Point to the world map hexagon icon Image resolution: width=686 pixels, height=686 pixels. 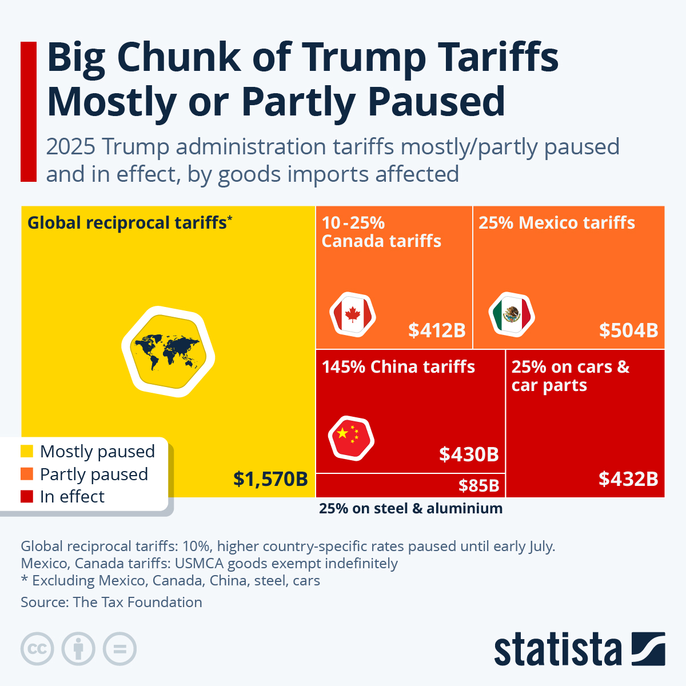click(168, 351)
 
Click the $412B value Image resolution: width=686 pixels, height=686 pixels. click(437, 330)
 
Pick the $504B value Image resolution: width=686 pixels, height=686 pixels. click(628, 330)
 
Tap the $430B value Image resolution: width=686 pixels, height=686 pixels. click(469, 454)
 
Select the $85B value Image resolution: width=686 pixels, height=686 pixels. click(478, 486)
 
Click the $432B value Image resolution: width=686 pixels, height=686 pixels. click(628, 478)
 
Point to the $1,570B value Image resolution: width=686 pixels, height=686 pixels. click(270, 478)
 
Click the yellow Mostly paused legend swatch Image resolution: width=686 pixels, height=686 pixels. click(27, 452)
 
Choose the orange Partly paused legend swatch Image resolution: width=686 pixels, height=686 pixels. click(27, 474)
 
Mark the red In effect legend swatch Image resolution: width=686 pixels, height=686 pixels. click(27, 496)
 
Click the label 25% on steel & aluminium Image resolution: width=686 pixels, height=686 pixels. click(410, 508)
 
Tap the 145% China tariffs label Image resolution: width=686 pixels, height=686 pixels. click(398, 366)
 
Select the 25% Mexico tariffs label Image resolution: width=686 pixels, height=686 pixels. click(557, 222)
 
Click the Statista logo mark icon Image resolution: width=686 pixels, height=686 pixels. click(648, 649)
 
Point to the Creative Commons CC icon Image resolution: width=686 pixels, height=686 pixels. click(37, 649)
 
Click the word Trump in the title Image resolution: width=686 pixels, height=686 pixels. click(364, 57)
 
